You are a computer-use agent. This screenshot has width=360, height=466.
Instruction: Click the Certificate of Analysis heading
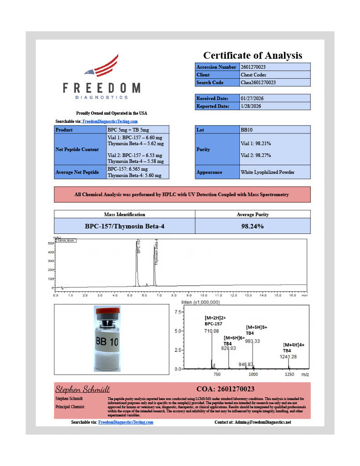[x=252, y=56]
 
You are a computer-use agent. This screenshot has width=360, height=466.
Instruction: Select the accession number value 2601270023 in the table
[x=254, y=67]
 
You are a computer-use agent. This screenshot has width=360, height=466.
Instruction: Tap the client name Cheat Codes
[x=252, y=75]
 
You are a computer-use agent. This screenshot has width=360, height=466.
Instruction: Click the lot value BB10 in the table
[x=246, y=130]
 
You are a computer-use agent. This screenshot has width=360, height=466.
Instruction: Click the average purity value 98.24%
[x=253, y=226]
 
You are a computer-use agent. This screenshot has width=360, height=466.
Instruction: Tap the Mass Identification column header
[x=125, y=214]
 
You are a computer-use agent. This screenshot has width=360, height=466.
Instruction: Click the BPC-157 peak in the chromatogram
[x=137, y=264]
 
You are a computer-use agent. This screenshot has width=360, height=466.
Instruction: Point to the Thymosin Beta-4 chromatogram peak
[x=154, y=268]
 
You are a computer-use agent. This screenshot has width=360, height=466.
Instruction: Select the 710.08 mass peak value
[x=212, y=331]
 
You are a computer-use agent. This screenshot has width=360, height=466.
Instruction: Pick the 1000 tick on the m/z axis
[x=253, y=374]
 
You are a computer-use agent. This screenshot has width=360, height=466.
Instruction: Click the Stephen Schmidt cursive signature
[x=82, y=390]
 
